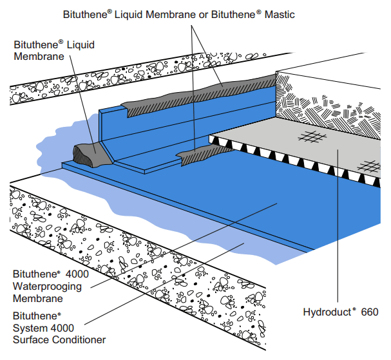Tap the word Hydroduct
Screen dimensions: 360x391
pos(329,312)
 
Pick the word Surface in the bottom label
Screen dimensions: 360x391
pos(32,339)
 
